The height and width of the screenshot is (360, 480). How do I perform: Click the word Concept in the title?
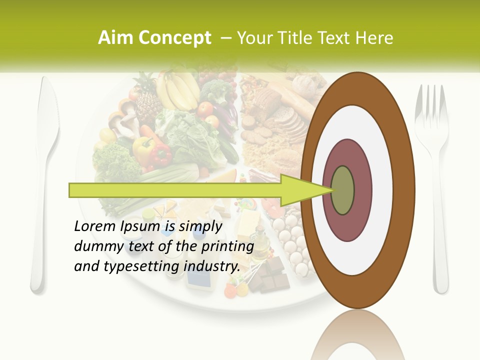click(174, 38)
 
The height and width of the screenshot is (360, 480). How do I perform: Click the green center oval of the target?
click(342, 190)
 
